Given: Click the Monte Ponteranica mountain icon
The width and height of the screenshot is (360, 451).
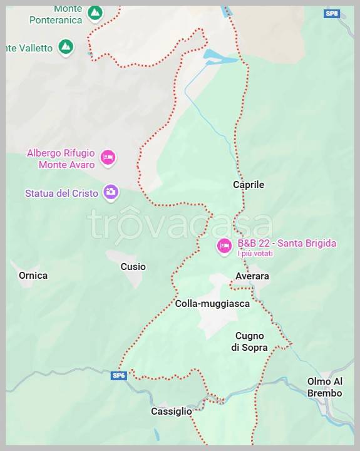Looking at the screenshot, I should tap(95, 13).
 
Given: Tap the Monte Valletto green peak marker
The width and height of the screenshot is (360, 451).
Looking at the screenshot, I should tap(65, 47).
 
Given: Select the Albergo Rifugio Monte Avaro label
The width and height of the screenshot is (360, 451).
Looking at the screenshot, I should tap(61, 158).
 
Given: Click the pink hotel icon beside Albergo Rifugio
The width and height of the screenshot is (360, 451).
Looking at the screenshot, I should tap(108, 157).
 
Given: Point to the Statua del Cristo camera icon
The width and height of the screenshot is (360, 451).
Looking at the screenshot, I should tap(111, 192).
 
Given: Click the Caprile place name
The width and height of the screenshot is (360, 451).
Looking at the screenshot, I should tap(249, 185).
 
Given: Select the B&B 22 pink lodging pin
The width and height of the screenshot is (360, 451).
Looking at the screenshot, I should tap(224, 246).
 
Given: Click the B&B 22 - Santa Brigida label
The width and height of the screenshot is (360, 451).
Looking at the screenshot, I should tap(287, 243).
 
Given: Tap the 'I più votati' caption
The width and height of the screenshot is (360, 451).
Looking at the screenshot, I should tap(255, 254).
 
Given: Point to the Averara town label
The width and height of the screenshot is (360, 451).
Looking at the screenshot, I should tap(252, 276).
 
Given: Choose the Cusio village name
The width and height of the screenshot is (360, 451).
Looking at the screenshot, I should tap(133, 267).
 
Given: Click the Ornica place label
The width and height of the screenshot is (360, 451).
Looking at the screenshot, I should tap(33, 276).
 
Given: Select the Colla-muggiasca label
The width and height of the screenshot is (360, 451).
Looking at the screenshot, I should tap(212, 304).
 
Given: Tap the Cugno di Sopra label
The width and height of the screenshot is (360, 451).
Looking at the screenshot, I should tap(249, 341).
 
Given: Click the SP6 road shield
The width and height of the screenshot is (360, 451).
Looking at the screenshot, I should tap(119, 375).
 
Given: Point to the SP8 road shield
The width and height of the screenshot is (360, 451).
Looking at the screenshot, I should tap(331, 13).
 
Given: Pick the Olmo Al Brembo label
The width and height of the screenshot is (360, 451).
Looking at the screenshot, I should tap(325, 387).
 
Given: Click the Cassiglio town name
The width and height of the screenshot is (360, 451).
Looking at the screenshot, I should tap(172, 412).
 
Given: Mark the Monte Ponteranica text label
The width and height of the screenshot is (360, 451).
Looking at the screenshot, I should tap(56, 14).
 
